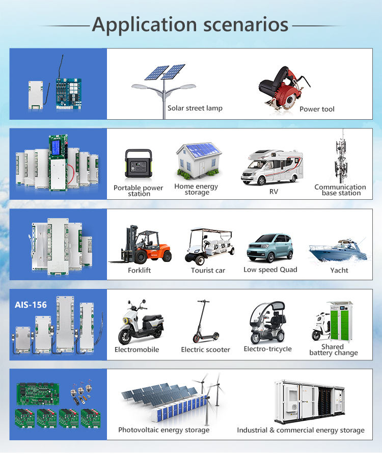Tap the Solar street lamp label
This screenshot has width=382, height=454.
point(195,108)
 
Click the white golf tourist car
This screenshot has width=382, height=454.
point(209,246)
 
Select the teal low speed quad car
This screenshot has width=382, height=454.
point(270,248)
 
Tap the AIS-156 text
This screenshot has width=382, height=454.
point(31,305)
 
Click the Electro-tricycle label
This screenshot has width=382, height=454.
point(267,349)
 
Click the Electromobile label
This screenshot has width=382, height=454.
point(137,350)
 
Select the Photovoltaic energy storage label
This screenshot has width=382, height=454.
point(163,430)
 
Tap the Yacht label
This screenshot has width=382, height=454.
point(339,270)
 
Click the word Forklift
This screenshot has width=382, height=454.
point(140,270)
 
